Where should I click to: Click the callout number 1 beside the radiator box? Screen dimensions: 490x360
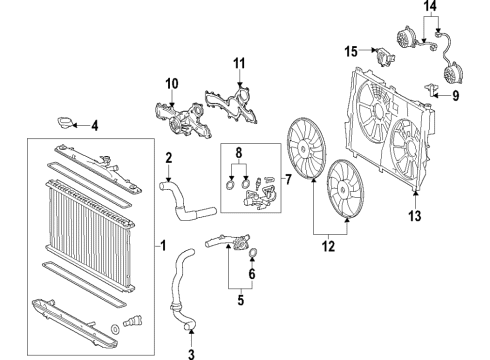pos(163,246)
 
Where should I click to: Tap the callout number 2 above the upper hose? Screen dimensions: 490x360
pos(169,158)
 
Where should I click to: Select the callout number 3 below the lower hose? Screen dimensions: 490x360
pos(191,354)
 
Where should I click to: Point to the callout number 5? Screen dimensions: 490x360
pos(241,300)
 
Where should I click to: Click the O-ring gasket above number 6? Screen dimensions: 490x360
pos(253,253)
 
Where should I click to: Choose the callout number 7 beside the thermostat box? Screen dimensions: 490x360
pos(288,179)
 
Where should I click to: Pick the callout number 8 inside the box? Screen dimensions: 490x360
pos(239,153)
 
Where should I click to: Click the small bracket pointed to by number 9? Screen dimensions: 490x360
pos(431,90)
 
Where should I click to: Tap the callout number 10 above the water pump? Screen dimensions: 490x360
pos(172,84)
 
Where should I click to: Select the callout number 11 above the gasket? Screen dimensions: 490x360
pos(239,63)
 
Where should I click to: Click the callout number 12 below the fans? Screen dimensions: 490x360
pos(328,246)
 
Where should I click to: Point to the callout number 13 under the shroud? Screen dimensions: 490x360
pos(415,216)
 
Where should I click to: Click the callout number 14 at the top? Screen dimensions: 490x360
pos(430,6)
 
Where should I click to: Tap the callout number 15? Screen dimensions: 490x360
pos(351,52)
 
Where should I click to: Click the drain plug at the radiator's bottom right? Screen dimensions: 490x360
pos(133,321)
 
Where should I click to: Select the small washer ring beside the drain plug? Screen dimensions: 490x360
pos(115,329)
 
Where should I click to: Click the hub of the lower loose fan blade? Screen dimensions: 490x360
pos(343,189)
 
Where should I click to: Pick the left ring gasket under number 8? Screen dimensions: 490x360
pos(230,184)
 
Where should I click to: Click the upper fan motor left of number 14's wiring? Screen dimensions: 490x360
pos(404,37)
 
